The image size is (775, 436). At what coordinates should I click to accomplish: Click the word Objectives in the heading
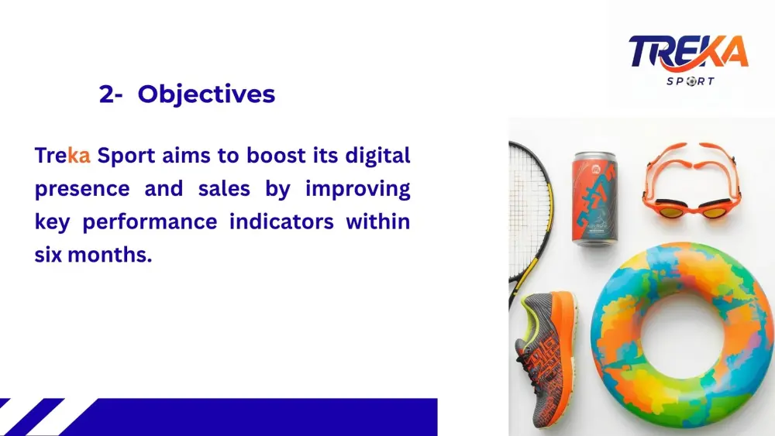[206, 94]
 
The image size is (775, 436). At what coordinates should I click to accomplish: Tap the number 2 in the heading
[106, 94]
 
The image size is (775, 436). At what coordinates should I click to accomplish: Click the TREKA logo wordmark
[688, 52]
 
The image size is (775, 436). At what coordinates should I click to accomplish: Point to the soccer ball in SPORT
[691, 81]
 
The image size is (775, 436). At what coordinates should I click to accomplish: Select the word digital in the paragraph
[377, 156]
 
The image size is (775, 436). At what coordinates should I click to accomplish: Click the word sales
[224, 189]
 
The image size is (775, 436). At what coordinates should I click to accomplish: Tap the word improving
[358, 190]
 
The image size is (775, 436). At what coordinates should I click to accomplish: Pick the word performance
[150, 222]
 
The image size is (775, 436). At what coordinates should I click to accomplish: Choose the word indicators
[282, 221]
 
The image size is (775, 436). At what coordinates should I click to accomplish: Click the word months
[110, 255]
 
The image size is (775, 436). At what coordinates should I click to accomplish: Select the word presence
[82, 190]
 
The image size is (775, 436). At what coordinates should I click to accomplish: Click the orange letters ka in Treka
[78, 156]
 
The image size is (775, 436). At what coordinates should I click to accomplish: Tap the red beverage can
[594, 199]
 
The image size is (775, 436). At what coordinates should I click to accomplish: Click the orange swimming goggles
[691, 180]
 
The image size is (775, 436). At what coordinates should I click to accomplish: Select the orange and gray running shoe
[545, 359]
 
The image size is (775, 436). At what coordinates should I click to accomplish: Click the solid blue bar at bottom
[257, 417]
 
